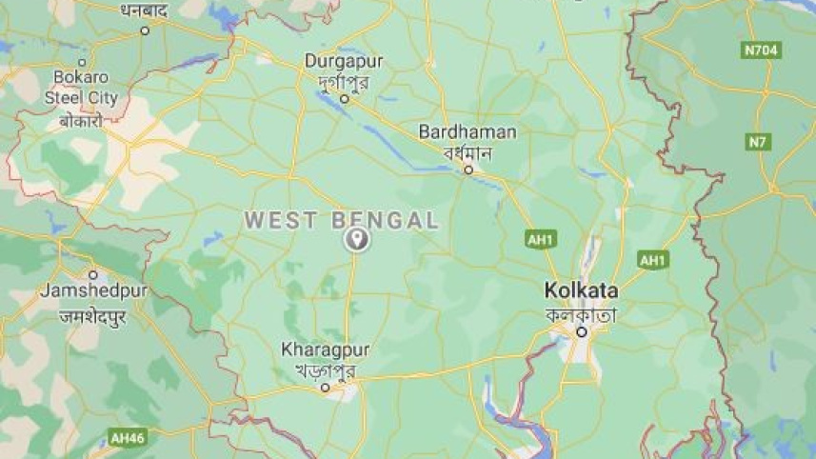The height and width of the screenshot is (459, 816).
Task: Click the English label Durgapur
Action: (344, 61)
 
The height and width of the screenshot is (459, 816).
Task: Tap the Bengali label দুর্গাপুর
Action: (344, 79)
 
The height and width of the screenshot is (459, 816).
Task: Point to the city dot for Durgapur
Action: (345, 98)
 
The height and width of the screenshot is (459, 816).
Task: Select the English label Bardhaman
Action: (468, 132)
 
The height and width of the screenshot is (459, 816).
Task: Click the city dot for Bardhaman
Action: (468, 170)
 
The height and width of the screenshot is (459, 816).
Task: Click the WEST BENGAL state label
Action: (342, 221)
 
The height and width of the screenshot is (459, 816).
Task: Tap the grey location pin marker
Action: (356, 239)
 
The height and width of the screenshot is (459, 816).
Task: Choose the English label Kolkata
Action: (581, 290)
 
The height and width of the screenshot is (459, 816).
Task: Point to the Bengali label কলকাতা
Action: (581, 313)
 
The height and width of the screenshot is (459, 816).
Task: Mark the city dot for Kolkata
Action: (581, 332)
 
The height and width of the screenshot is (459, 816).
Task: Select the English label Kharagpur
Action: (325, 350)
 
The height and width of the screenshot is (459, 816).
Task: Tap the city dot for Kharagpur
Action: (325, 388)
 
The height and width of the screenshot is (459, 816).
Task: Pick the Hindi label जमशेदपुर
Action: (92, 317)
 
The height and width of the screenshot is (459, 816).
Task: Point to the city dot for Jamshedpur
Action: (92, 274)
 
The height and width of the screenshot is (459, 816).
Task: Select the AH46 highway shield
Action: (128, 438)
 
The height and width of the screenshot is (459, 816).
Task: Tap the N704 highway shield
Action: (762, 50)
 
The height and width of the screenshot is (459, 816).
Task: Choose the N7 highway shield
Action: (758, 143)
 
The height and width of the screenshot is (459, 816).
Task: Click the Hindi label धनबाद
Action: (145, 10)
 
